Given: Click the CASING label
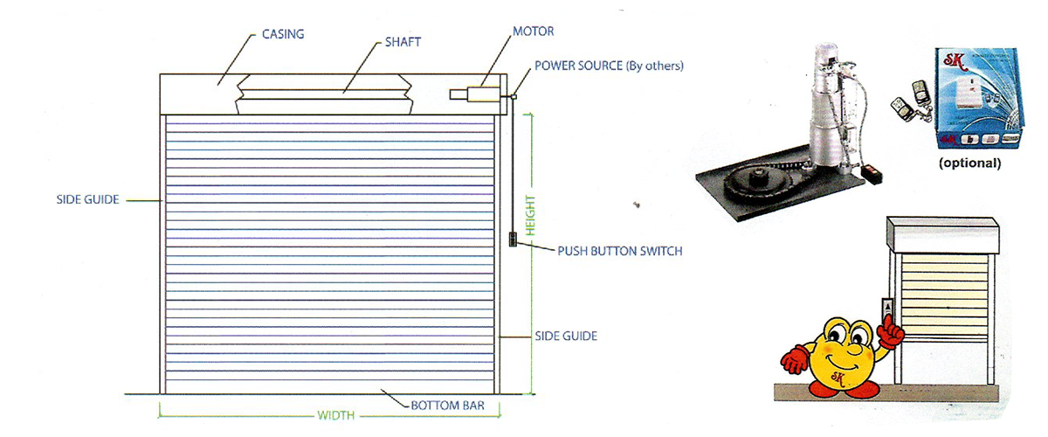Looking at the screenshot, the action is point(283,34).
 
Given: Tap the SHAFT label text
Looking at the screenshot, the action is point(403,42).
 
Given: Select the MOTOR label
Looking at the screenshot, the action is point(534,31).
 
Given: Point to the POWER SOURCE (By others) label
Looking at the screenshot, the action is point(610,66).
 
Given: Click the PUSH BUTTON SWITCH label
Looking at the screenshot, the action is point(620,251).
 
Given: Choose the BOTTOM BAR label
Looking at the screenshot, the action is point(448,406).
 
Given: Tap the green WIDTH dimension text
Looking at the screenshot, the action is point(336,415).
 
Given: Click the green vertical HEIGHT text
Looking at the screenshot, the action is point(530,216).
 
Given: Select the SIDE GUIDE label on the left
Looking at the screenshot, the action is point(87,199).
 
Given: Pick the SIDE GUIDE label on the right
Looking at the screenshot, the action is point(566,336).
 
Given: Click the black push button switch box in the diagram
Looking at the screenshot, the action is point(513,239).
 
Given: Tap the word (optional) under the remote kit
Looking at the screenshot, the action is point(970,163).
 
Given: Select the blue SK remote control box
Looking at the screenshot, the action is point(979,98).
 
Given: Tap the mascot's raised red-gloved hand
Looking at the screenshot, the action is point(890,331).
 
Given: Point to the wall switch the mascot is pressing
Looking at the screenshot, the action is point(887,310).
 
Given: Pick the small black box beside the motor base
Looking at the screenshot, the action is point(872,174).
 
